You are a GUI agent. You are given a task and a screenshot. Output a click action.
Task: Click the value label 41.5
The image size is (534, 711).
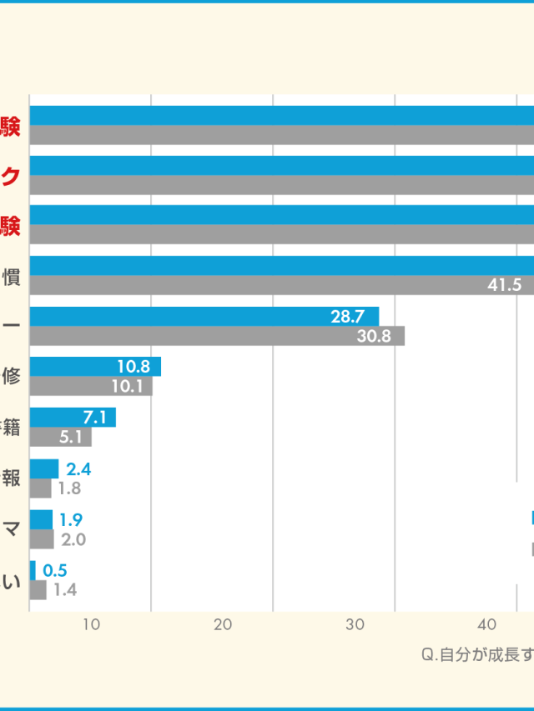(505, 285)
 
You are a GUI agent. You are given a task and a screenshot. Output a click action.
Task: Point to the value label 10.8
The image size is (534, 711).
(133, 366)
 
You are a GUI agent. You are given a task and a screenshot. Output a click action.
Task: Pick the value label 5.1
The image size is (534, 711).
(71, 437)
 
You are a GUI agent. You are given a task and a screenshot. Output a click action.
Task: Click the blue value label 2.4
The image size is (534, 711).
(79, 469)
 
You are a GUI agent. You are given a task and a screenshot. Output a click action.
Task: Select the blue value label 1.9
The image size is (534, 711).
(71, 520)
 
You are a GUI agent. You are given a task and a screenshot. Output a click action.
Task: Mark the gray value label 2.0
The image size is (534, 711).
(74, 539)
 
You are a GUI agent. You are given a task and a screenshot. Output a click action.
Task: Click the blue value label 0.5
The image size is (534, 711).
(55, 571)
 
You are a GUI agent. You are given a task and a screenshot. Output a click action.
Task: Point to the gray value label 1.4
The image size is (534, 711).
(65, 590)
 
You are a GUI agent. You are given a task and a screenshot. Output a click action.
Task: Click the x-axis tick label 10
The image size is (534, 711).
(92, 624)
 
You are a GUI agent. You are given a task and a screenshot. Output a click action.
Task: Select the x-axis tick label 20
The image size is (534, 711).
(223, 624)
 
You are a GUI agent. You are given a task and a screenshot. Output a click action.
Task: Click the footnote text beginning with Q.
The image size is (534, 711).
(476, 654)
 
